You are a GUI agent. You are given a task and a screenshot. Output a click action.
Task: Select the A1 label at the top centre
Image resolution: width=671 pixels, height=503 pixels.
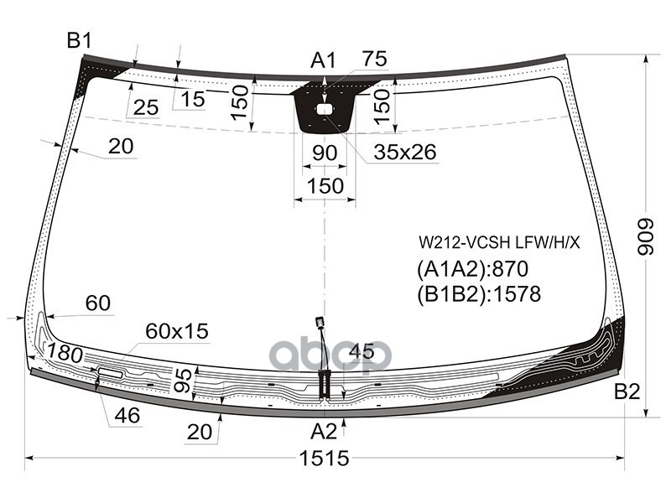pyautogui.click(x=323, y=60)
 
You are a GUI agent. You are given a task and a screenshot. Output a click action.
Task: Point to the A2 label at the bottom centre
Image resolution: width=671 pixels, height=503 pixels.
pyautogui.click(x=324, y=432)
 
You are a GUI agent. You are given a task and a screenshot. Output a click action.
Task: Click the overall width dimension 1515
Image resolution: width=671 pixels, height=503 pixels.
pyautogui.click(x=324, y=459)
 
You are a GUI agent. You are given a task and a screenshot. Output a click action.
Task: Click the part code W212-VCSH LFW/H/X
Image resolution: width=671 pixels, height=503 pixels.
pyautogui.click(x=500, y=243)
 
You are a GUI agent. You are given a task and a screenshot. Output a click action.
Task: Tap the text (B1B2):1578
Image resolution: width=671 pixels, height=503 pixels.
pyautogui.click(x=479, y=294)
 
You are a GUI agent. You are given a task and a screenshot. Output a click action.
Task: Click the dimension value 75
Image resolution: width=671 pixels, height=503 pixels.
pyautogui.click(x=374, y=59)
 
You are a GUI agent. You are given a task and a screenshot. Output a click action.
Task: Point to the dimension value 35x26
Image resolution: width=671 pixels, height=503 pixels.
pyautogui.click(x=406, y=153)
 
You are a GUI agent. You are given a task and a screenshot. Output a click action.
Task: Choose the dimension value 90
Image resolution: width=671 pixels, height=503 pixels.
pyautogui.click(x=324, y=153)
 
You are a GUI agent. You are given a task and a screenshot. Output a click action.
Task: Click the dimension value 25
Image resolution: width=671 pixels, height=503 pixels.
pyautogui.click(x=145, y=107)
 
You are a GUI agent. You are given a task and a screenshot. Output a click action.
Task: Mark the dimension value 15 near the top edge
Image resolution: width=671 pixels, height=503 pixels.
pyautogui.click(x=192, y=99)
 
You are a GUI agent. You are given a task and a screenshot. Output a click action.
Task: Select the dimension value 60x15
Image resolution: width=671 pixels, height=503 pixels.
pyautogui.click(x=176, y=330)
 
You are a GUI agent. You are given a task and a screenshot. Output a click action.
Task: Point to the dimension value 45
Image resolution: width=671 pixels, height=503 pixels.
pyautogui.click(x=362, y=351)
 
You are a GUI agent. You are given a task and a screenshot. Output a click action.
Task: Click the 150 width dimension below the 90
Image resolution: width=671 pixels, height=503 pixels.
pyautogui.click(x=324, y=185)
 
